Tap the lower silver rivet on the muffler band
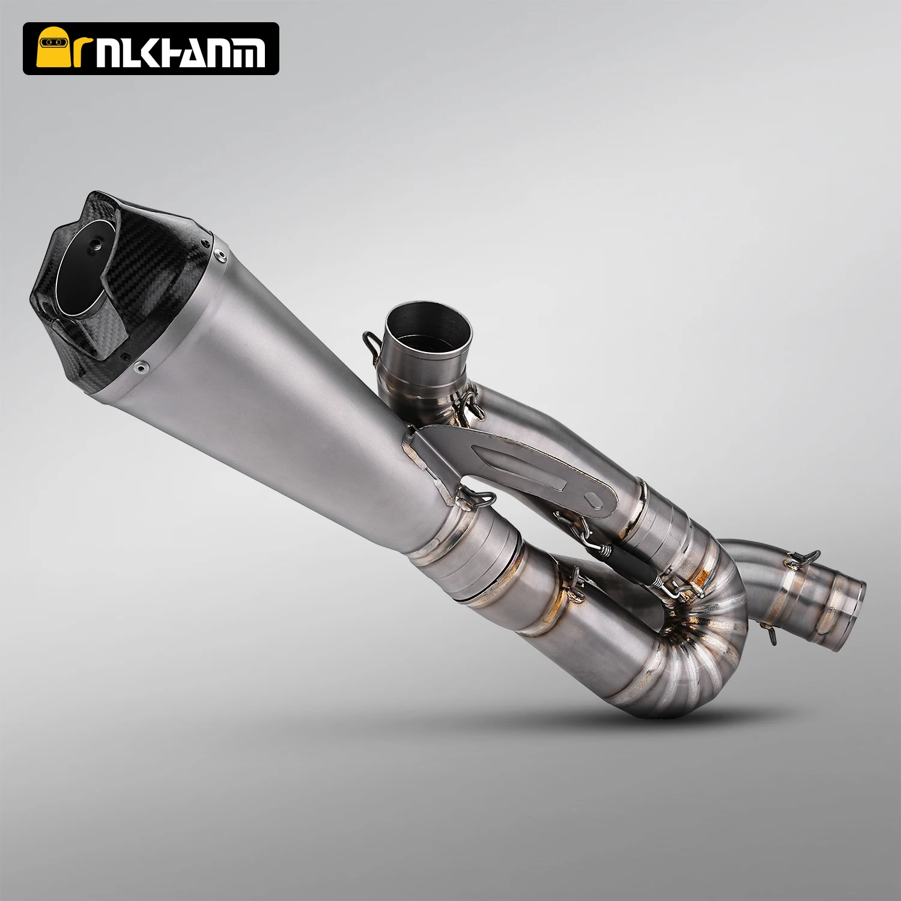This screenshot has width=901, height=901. (x=140, y=364)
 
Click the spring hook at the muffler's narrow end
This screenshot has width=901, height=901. (x=475, y=496)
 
